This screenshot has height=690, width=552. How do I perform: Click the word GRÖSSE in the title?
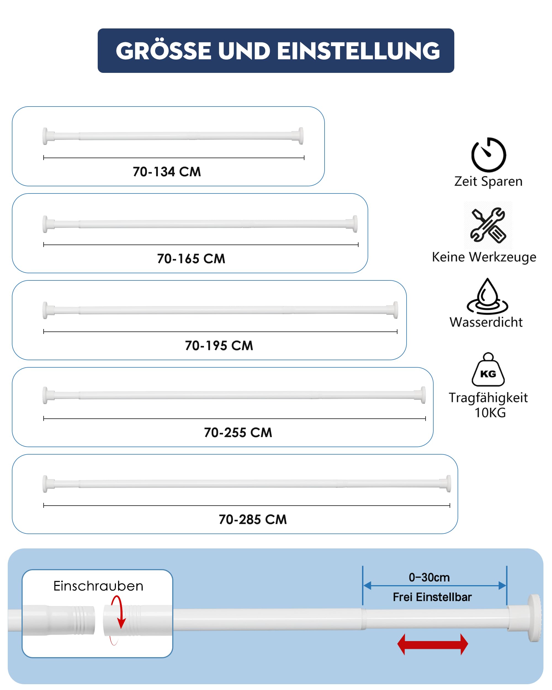163,51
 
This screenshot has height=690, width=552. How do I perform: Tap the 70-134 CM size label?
167,172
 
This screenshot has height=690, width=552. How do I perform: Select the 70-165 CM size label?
191,259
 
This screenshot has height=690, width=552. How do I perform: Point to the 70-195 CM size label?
219,346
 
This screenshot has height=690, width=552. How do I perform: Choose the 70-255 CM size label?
238,433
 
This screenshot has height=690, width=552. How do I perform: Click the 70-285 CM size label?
253,520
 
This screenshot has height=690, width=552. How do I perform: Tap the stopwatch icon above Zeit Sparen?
488,155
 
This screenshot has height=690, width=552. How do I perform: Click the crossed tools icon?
488,225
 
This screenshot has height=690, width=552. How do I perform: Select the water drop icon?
487,296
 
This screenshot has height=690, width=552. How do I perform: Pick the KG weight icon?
488,370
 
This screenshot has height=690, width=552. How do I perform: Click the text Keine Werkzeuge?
484,257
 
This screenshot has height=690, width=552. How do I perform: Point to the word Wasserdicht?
486,322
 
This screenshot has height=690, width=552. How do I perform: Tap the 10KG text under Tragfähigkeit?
490,413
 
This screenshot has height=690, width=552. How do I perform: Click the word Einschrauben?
98,586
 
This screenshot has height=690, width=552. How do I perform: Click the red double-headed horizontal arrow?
433,644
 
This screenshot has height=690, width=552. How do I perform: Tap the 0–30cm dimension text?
429,577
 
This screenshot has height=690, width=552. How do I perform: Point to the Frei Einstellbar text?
432,597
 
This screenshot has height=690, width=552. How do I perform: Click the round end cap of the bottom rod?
534,618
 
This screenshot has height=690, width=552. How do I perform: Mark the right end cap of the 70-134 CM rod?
301,136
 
